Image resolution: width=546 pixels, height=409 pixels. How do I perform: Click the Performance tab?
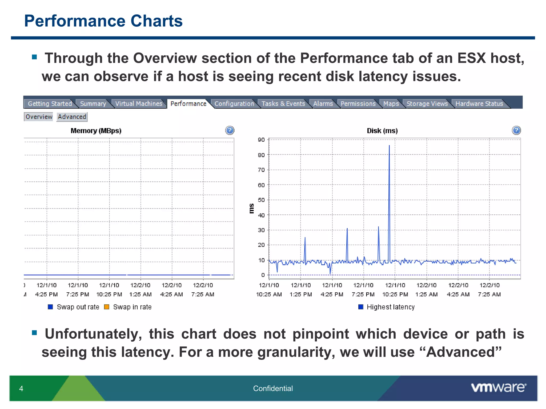click(188, 104)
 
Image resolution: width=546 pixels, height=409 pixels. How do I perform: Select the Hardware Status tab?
click(479, 104)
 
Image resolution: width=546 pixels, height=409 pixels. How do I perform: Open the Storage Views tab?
click(427, 104)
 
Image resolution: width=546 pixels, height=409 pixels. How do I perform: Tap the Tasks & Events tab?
click(283, 104)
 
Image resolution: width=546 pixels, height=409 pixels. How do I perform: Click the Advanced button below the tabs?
click(72, 117)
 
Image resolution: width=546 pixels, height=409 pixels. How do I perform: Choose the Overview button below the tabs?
click(39, 117)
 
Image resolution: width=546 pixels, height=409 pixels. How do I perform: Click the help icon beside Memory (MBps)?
click(230, 130)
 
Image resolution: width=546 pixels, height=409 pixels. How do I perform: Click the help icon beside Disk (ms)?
click(516, 130)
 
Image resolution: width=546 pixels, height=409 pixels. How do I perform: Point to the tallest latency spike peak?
click(389, 146)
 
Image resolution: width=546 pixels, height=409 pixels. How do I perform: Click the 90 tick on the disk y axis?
click(261, 140)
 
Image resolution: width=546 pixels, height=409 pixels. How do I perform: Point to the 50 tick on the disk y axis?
click(261, 200)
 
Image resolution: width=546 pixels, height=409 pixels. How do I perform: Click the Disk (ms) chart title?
click(382, 131)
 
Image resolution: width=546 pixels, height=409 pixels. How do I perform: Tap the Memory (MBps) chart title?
click(96, 131)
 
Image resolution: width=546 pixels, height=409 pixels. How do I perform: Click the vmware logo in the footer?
click(499, 388)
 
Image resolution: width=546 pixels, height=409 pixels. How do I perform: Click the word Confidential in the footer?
click(273, 388)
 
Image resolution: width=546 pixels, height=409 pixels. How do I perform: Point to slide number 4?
click(21, 389)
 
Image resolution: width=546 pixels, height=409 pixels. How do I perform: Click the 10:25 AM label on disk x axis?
click(269, 295)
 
